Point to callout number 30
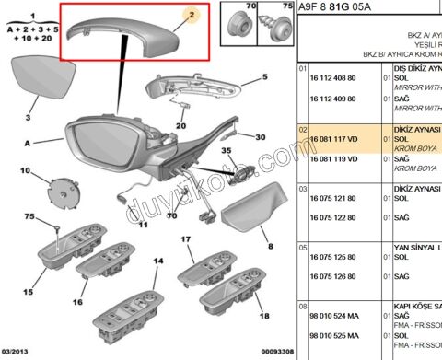pyautogui.click(x=260, y=136)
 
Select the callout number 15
pyautogui.click(x=29, y=293)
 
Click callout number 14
pyautogui.click(x=158, y=261)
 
